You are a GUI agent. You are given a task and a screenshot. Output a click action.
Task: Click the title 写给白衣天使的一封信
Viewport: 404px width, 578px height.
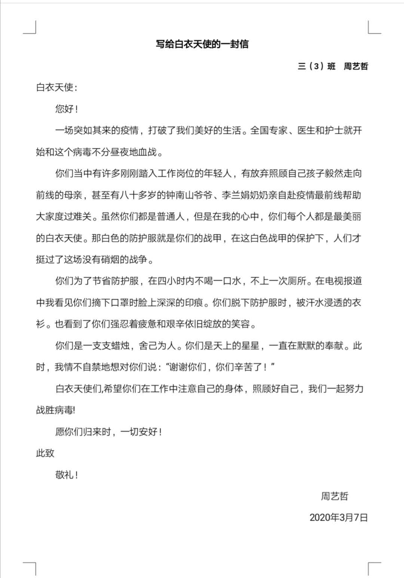pos(202,44)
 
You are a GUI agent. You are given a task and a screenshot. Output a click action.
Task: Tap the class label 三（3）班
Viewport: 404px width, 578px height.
pos(316,66)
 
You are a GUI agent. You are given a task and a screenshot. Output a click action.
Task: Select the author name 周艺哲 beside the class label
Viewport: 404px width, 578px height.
pos(356,66)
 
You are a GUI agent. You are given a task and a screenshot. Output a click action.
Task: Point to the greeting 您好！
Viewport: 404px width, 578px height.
pos(67,109)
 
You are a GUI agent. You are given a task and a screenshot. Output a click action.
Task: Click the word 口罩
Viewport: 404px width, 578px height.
pos(120,303)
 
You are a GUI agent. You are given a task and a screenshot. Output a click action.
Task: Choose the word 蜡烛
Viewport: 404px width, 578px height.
pos(120,346)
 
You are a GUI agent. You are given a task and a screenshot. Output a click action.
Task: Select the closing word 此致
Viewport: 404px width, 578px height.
pos(45,453)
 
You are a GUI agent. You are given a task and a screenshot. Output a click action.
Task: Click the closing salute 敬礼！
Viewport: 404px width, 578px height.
pos(67,475)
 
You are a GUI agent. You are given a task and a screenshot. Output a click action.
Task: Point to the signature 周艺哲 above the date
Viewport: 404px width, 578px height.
pos(334,496)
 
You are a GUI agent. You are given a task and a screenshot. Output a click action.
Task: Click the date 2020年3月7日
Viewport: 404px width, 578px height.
pos(339,518)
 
